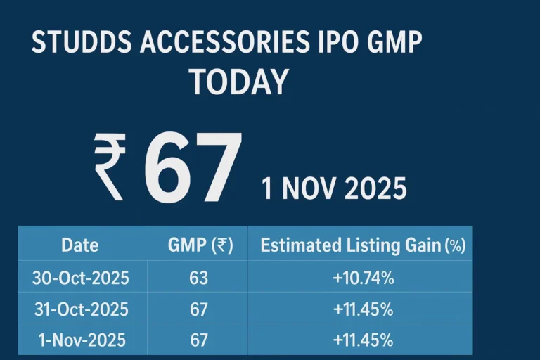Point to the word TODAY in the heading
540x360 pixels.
coord(239,82)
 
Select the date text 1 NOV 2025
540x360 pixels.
coord(334,189)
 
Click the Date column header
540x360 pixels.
coord(80,245)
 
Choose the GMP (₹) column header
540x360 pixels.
coord(200,245)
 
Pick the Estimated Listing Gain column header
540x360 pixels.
coord(362,245)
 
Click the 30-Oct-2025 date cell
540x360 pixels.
coord(81,278)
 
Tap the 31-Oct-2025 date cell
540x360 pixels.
coord(81,309)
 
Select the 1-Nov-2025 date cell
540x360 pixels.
coord(82,340)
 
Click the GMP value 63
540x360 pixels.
coord(199,278)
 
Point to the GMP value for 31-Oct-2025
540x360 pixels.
coord(199,309)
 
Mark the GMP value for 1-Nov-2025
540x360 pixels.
coord(199,340)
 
